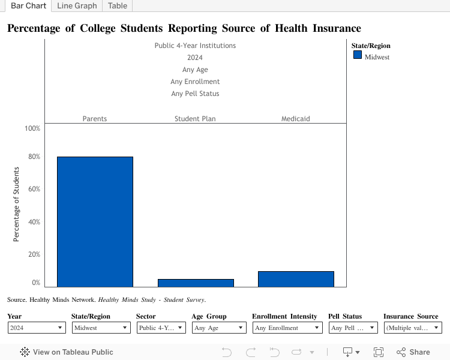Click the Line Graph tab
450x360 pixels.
click(x=77, y=6)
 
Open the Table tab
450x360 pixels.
click(x=118, y=6)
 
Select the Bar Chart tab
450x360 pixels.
click(x=28, y=6)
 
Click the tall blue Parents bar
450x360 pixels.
click(x=95, y=221)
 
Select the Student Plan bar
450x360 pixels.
click(x=196, y=283)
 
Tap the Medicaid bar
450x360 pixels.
click(x=296, y=279)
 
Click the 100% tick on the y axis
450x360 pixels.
click(x=32, y=128)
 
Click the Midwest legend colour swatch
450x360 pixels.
click(x=358, y=55)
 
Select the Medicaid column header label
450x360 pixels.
click(x=296, y=119)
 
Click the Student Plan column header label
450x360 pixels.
click(x=195, y=119)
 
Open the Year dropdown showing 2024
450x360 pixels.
click(x=37, y=328)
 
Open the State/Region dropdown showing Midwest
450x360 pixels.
click(x=101, y=328)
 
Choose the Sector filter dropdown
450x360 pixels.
click(x=161, y=328)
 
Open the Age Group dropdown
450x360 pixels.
click(x=218, y=328)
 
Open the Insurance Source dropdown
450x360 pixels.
click(x=412, y=328)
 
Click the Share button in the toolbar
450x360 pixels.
click(x=413, y=352)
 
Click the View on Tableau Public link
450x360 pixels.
click(x=67, y=352)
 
